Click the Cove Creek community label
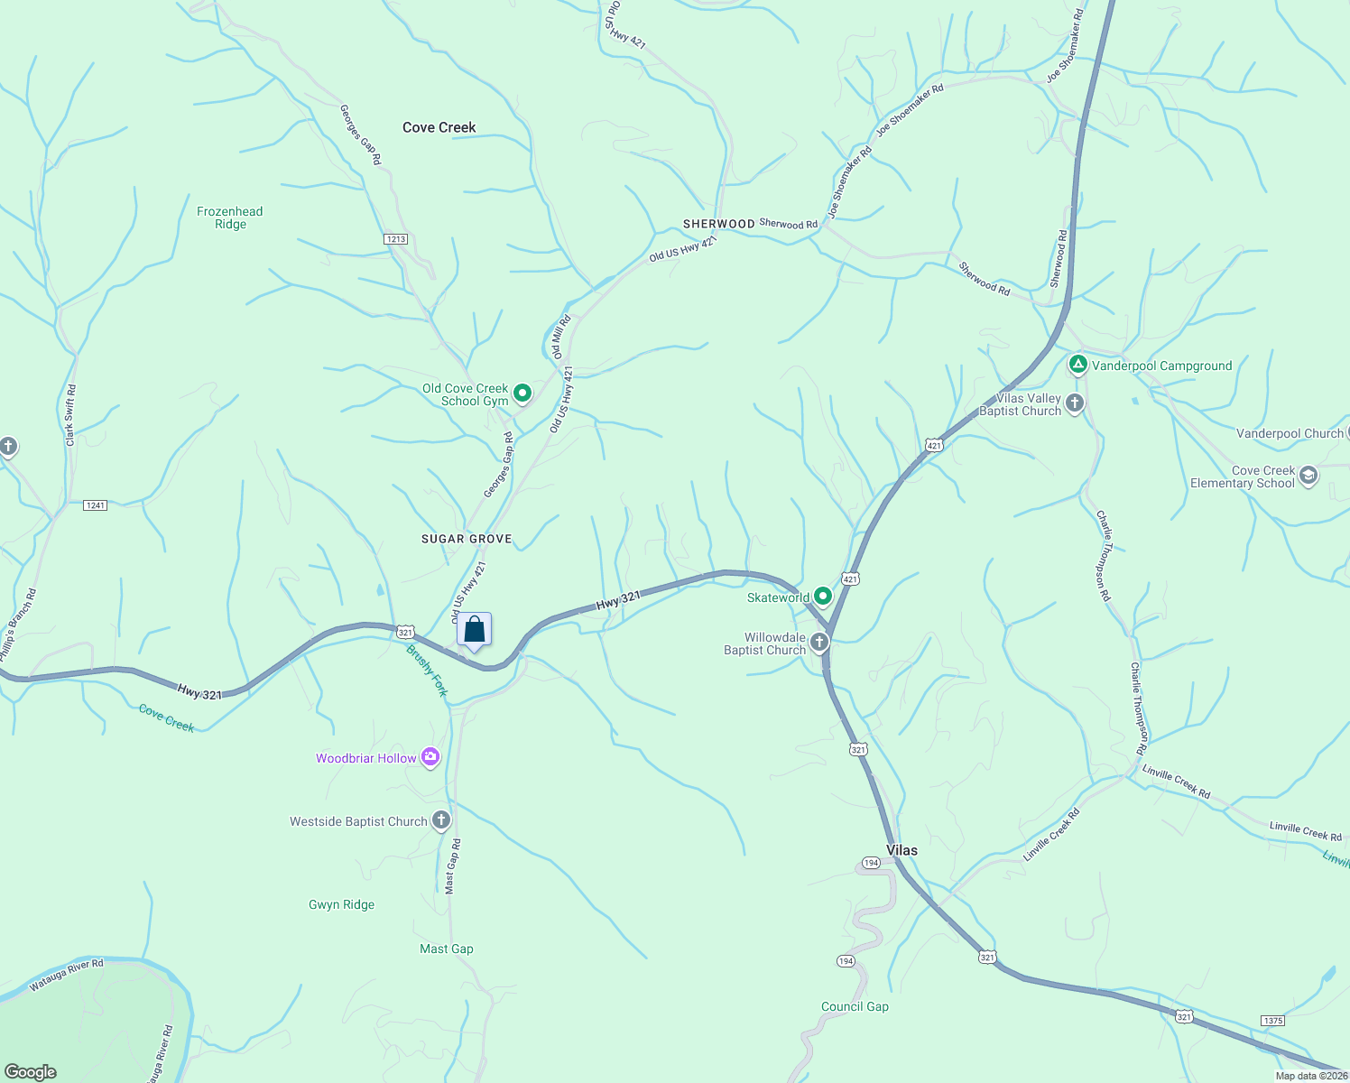pyautogui.click(x=439, y=127)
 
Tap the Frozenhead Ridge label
pyautogui.click(x=230, y=218)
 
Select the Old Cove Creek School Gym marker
pyautogui.click(x=522, y=393)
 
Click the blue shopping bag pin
pyautogui.click(x=475, y=630)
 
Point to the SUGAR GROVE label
pyautogui.click(x=467, y=539)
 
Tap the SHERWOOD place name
pyautogui.click(x=718, y=224)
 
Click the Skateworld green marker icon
pyautogui.click(x=822, y=597)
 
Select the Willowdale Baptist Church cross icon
pyautogui.click(x=818, y=643)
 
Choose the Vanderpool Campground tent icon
pyautogui.click(x=1077, y=366)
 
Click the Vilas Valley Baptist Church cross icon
pyautogui.click(x=1074, y=403)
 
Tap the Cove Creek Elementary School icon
pyautogui.click(x=1308, y=476)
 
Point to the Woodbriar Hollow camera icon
pyautogui.click(x=430, y=757)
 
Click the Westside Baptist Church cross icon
pyautogui.click(x=440, y=820)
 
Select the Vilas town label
pyautogui.click(x=902, y=850)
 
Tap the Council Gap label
pyautogui.click(x=855, y=1006)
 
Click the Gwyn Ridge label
pyautogui.click(x=341, y=904)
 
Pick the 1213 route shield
pyautogui.click(x=395, y=239)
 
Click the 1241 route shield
pyautogui.click(x=95, y=505)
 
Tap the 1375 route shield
pyautogui.click(x=1272, y=1021)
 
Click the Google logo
pyautogui.click(x=31, y=1072)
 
